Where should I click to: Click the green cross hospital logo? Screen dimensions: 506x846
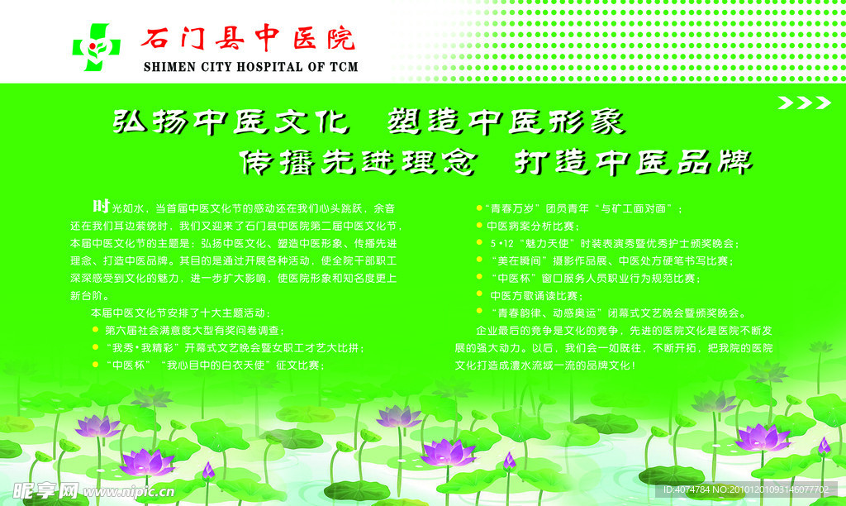tap(97, 45)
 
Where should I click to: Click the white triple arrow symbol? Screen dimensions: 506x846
tap(805, 103)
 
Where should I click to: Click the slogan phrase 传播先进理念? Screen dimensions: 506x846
tap(357, 161)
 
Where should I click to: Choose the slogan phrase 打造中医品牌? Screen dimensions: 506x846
tap(633, 161)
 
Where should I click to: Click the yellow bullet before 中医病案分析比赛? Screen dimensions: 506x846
tap(480, 226)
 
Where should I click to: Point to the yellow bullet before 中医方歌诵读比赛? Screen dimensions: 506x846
tap(480, 295)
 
